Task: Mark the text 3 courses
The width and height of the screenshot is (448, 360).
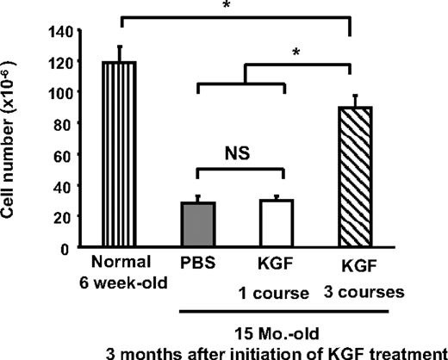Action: [370, 293]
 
